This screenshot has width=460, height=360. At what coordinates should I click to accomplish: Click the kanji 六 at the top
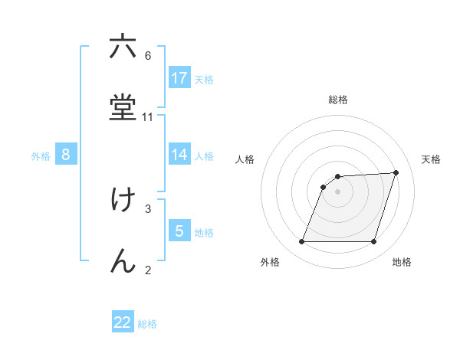click(x=123, y=47)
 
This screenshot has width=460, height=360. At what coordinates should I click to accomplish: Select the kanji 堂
click(x=123, y=107)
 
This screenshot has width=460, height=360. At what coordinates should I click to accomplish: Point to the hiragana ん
click(x=123, y=260)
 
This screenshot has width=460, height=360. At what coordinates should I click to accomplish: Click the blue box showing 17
click(x=179, y=77)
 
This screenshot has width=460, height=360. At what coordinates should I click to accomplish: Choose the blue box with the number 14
click(x=179, y=155)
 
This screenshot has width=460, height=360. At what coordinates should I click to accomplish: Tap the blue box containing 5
click(x=179, y=231)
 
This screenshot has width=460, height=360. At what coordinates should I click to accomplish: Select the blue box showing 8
click(x=66, y=155)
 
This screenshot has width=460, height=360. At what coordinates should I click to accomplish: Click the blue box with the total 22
click(x=123, y=322)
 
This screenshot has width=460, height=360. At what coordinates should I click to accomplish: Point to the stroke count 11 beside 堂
click(x=148, y=117)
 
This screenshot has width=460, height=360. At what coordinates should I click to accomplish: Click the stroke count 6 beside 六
click(x=148, y=56)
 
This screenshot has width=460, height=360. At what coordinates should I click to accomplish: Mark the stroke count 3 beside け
click(x=148, y=208)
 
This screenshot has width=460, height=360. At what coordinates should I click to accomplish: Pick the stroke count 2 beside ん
click(x=148, y=270)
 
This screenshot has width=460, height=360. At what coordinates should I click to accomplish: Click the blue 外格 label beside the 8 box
click(x=41, y=156)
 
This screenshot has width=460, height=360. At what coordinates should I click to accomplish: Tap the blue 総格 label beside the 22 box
click(x=147, y=324)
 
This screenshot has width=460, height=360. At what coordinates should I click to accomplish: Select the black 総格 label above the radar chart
click(x=338, y=100)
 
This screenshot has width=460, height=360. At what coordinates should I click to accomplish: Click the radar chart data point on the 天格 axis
click(x=396, y=172)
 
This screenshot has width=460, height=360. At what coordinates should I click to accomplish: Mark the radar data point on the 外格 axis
click(x=302, y=242)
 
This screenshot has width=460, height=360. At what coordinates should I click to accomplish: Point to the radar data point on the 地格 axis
click(x=374, y=242)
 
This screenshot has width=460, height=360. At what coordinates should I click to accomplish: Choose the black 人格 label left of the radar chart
click(x=245, y=159)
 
